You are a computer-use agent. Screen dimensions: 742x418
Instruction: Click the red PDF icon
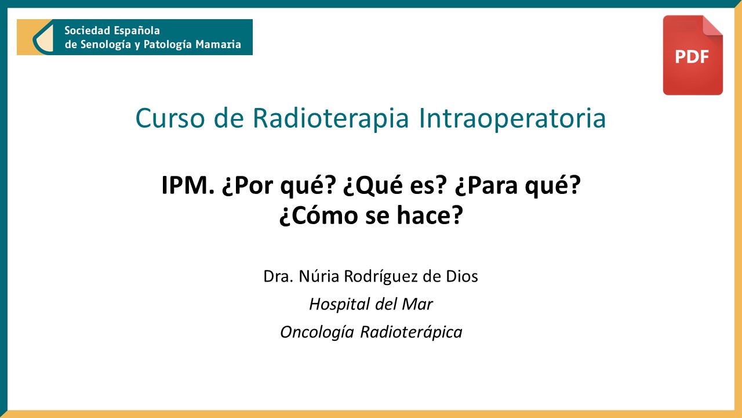(693, 55)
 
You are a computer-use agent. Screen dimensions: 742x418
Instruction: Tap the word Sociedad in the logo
(87, 31)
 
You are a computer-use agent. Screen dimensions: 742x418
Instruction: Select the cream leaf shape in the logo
(43, 38)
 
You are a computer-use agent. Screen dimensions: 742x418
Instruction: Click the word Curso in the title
(170, 118)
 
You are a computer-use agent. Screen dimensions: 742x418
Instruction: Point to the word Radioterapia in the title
(330, 118)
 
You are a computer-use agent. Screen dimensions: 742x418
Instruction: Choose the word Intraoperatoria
(512, 118)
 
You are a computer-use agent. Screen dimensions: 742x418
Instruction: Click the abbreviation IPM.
(187, 185)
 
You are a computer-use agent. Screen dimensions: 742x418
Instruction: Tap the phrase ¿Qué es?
(395, 185)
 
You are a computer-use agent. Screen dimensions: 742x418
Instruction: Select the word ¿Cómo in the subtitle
(319, 215)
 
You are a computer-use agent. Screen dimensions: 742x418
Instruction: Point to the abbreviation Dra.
(278, 276)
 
